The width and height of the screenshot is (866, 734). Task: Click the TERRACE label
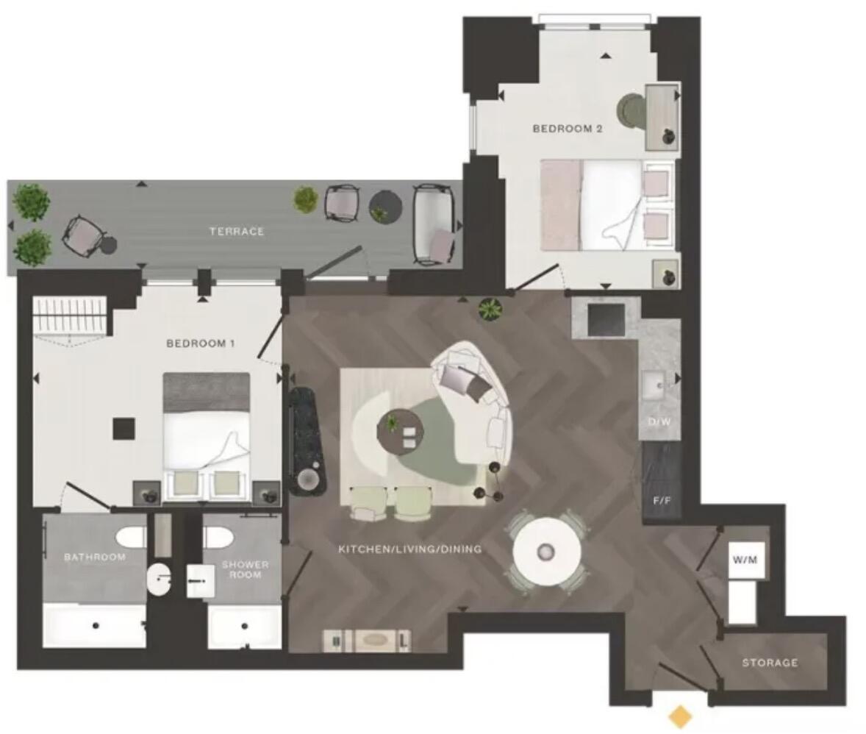[x=236, y=231]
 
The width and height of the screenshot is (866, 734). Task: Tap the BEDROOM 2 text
[x=568, y=129]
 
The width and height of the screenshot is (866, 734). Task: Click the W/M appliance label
[x=744, y=560]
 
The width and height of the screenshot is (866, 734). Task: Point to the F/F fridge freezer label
[x=662, y=501]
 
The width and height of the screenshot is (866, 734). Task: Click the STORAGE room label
[x=770, y=663]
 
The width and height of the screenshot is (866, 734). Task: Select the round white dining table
[x=547, y=552]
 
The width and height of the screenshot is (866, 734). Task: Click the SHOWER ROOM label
[x=245, y=569]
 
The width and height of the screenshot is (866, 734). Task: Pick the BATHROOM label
[x=94, y=557]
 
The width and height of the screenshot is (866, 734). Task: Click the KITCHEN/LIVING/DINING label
[x=409, y=549]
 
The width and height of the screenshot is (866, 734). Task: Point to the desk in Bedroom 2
[x=662, y=116]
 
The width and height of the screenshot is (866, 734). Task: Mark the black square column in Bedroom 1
[x=124, y=429]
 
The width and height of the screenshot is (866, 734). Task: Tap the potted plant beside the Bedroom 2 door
[x=489, y=310]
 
